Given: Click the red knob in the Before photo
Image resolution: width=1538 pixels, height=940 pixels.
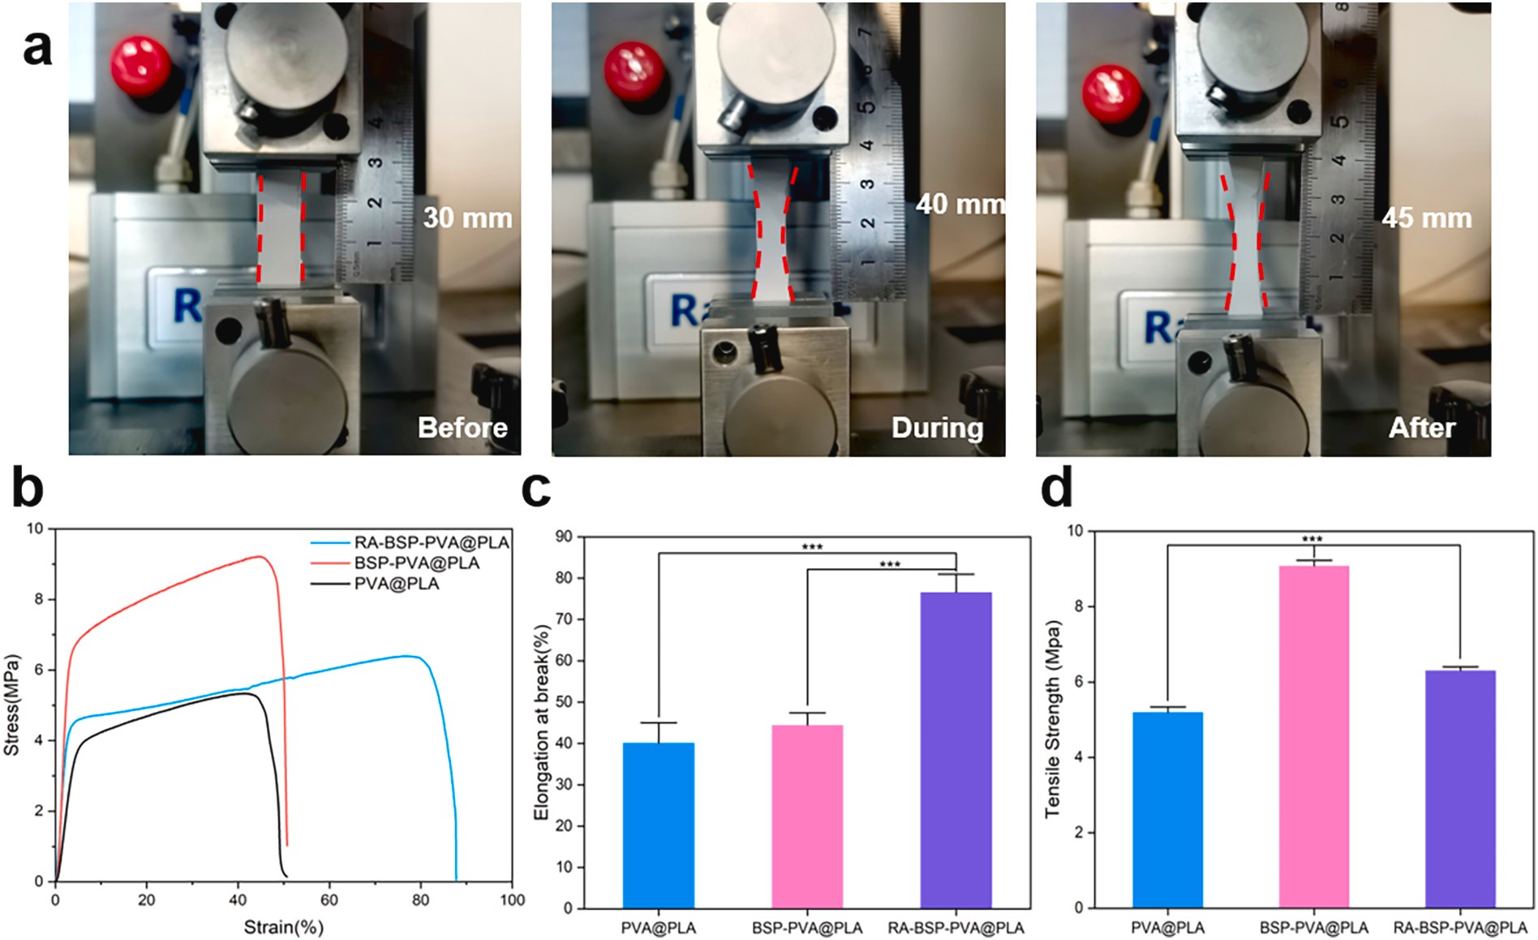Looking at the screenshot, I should tap(141, 66).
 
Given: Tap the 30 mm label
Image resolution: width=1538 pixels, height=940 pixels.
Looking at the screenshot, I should tap(467, 218).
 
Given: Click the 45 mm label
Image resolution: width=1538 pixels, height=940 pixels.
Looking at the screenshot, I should tap(1426, 218).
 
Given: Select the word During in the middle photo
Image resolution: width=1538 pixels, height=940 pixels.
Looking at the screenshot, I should tap(937, 428).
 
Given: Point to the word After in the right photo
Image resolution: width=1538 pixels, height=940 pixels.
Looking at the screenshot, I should tap(1421, 428).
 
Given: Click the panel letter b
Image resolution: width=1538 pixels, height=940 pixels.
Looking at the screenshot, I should tap(28, 489).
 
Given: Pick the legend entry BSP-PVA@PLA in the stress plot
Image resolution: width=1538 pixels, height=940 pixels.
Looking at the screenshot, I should tap(416, 563).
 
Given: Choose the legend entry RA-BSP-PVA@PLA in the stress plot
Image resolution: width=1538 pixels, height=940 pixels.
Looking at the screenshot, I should tap(431, 542).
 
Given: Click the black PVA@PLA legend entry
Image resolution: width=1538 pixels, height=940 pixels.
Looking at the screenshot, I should tap(396, 584).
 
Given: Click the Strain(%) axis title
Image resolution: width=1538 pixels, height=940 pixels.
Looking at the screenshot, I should tap(284, 926).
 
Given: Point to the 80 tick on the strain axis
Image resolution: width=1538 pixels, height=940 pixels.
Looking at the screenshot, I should tap(420, 899).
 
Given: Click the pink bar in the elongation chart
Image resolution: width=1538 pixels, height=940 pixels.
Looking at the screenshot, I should tap(807, 816).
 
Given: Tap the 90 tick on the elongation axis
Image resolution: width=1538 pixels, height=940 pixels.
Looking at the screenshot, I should tap(563, 537).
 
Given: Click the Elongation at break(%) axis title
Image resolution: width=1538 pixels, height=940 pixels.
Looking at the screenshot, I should tap(542, 709).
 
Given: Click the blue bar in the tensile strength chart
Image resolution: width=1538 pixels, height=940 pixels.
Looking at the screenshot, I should tap(1167, 809).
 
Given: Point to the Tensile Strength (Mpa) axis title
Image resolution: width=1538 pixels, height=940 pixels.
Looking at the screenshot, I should tap(1053, 719).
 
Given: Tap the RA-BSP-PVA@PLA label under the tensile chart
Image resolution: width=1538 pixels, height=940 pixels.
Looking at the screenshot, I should tap(1459, 927).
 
